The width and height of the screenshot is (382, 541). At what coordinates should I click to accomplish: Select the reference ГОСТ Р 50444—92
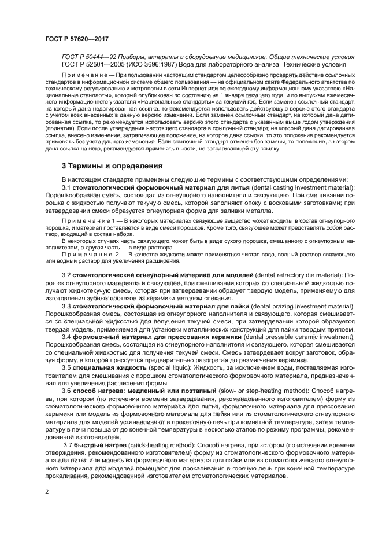(x=90, y=57)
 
